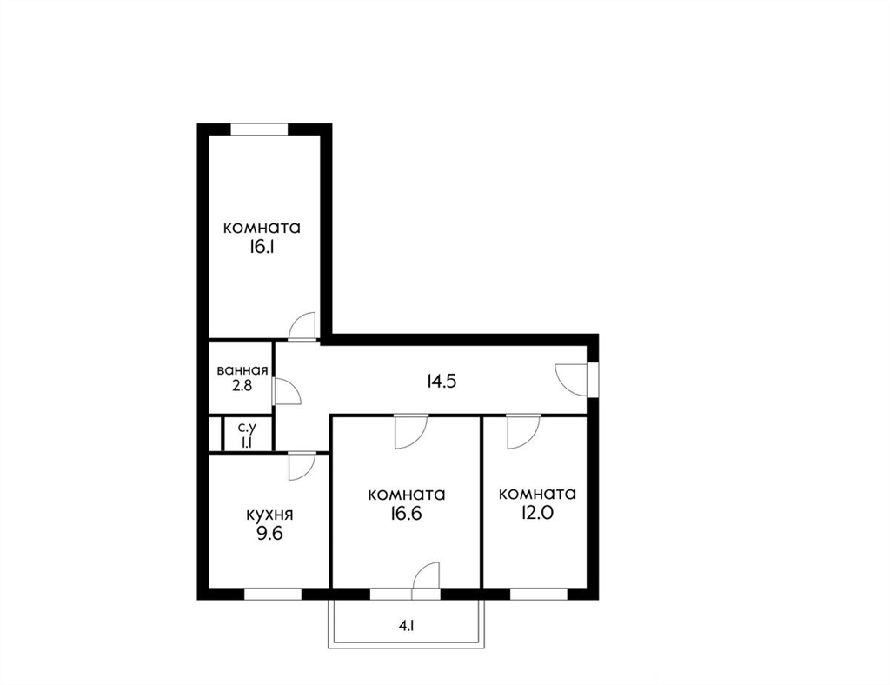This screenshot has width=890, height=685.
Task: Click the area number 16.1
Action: click(262, 248)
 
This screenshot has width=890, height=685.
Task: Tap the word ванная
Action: click(242, 371)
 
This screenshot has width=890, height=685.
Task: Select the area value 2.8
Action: click(242, 386)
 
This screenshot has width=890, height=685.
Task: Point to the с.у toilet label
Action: click(247, 427)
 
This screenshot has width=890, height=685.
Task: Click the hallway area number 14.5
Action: click(442, 382)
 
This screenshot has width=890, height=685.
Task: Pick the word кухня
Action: click(269, 515)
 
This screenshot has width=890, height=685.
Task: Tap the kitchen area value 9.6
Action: click(269, 534)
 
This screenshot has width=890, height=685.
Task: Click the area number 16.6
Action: click(407, 514)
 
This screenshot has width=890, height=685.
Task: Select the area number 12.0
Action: click(537, 513)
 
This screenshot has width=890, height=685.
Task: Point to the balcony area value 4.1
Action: click(407, 627)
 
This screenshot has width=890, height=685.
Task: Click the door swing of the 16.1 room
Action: click(302, 326)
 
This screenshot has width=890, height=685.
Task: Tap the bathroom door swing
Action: click(286, 391)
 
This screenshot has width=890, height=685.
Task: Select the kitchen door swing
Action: click(302, 466)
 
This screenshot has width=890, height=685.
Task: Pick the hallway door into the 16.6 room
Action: click(411, 431)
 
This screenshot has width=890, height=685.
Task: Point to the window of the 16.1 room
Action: click(259, 129)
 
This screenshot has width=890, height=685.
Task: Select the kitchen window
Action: click(272, 595)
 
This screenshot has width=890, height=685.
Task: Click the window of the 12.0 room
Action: click(539, 595)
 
